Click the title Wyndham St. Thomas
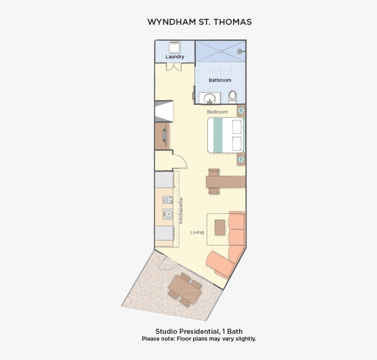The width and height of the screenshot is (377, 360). (199, 22)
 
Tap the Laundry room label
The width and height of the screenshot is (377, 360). (175, 57)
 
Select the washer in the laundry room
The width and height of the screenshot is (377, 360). (174, 47)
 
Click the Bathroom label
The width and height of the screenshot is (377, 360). (220, 80)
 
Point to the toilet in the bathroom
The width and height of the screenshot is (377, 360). (233, 97)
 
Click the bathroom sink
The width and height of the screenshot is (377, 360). (210, 98)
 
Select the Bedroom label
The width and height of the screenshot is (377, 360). (217, 112)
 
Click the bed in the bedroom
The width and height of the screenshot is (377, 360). (226, 135)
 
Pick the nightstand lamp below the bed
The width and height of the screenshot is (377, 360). (241, 159)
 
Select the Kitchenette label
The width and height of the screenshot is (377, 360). (182, 211)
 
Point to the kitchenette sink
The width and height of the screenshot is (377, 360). (168, 214)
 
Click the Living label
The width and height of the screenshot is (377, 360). (197, 232)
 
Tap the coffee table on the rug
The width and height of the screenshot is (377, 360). (220, 227)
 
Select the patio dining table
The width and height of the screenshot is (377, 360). (185, 289)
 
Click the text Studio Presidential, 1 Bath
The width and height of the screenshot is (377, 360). (199, 331)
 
